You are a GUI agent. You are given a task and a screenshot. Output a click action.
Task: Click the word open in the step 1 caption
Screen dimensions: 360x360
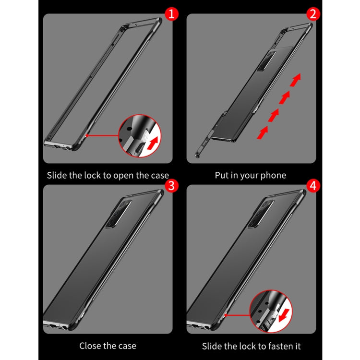click(122, 176)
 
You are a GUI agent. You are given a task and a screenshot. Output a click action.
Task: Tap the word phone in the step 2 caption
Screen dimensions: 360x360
click(273, 175)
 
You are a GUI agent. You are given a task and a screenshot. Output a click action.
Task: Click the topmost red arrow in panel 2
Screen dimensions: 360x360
click(298, 79)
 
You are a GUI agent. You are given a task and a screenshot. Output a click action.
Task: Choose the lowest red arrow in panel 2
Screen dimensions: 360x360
click(263, 132)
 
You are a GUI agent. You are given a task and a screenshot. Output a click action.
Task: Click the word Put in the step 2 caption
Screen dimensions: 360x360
click(222, 175)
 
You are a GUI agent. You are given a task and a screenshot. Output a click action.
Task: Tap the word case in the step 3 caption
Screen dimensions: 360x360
click(126, 345)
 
